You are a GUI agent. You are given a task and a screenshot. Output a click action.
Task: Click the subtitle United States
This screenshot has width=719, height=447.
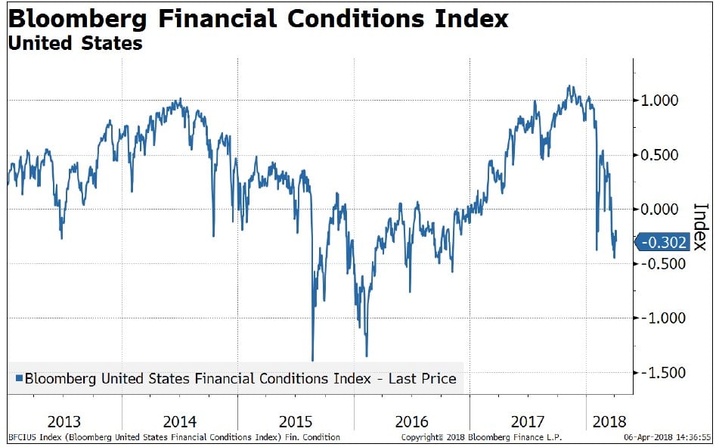point(75,43)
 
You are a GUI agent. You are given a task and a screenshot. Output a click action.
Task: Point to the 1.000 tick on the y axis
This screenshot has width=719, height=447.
point(662,101)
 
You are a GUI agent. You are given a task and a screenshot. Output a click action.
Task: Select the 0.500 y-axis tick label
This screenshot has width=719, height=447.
point(662,155)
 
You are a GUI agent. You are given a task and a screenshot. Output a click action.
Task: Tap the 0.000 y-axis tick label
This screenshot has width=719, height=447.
point(662,210)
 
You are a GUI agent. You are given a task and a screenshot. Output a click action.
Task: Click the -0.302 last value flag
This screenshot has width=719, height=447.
point(663,243)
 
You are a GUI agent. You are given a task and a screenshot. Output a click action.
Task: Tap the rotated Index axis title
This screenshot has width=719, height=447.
point(700,227)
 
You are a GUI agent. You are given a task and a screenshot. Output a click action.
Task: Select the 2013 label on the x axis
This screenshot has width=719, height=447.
point(64,421)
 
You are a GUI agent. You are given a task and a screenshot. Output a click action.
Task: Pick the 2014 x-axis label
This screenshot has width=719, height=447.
point(179,421)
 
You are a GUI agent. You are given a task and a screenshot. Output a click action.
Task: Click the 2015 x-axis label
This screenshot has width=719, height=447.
point(295,421)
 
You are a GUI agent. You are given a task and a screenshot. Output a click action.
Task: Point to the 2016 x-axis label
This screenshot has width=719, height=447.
point(411,421)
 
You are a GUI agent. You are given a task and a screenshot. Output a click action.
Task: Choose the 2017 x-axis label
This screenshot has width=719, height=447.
point(526,421)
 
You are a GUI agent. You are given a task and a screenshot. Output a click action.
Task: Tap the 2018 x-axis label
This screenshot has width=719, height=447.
point(609,421)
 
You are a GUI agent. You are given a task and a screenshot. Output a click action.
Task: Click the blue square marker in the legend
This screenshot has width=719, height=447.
point(19,378)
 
